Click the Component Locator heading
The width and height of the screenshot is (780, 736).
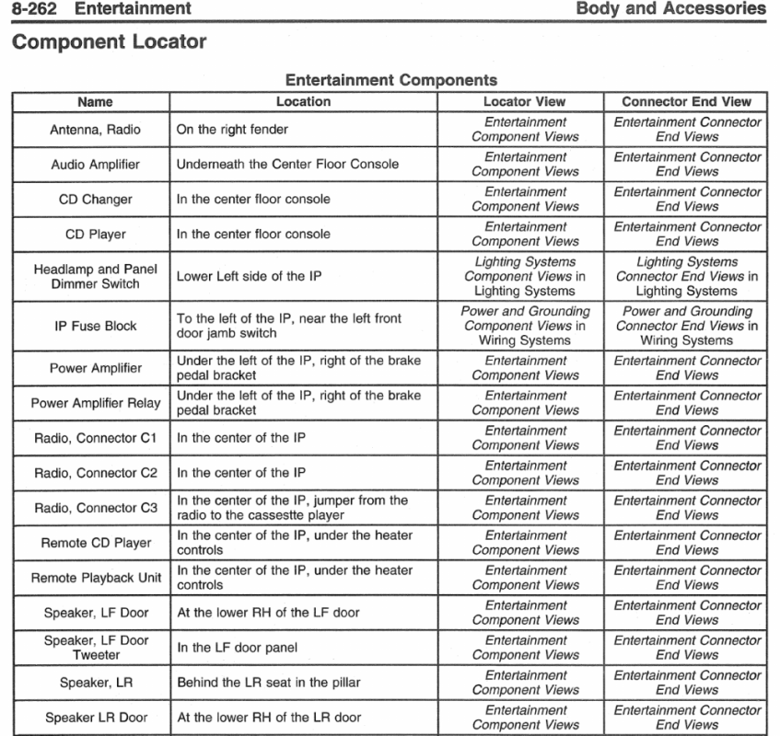(109, 42)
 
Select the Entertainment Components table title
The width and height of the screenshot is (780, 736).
(391, 81)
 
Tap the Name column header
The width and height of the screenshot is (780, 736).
(95, 102)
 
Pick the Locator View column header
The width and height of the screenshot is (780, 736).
(524, 102)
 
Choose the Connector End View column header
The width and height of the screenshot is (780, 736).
(686, 102)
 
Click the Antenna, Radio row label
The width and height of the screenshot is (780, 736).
(95, 130)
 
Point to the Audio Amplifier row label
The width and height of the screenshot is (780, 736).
(95, 165)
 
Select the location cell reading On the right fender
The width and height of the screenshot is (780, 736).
(232, 130)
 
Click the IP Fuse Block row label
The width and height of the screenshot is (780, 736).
(95, 326)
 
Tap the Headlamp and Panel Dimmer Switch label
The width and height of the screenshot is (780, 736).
(95, 277)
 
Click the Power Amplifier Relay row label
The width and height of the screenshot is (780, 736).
(95, 403)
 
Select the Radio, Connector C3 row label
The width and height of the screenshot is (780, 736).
(95, 508)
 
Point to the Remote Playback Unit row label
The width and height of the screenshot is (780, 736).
(95, 578)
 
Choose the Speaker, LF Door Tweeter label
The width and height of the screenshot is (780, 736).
(95, 648)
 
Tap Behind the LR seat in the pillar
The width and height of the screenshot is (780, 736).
(268, 683)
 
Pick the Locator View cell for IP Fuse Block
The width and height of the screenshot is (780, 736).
(524, 326)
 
